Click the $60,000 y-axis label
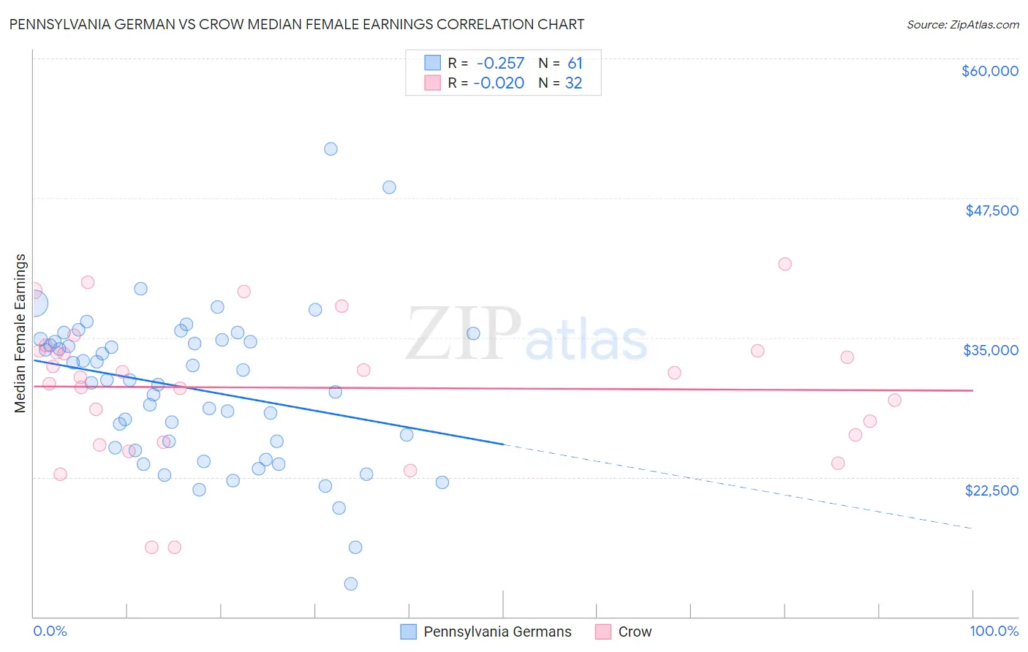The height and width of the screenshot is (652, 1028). point(989,71)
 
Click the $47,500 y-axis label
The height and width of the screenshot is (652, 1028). point(991,211)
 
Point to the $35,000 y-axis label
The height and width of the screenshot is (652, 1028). point(991,350)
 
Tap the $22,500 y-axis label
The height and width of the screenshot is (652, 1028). point(991,490)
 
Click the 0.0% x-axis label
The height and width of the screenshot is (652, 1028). point(50,631)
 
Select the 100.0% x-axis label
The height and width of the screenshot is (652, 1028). point(994,631)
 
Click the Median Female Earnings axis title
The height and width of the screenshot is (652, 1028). point(20,333)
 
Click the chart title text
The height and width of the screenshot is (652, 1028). point(297,24)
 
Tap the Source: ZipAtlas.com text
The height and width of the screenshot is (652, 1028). point(962,24)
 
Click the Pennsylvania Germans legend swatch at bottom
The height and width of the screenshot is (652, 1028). point(408,632)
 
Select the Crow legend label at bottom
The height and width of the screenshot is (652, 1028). point(635,632)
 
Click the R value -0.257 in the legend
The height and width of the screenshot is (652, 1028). point(500,64)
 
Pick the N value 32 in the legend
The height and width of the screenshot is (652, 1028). point(573,83)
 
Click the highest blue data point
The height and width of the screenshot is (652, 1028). point(330,149)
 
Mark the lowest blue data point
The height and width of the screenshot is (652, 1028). point(351,583)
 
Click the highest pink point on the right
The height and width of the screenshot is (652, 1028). point(785,264)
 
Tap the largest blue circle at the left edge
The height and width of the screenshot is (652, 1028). point(34,303)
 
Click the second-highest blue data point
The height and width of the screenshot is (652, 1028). point(389,187)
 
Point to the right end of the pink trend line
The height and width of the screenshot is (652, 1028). point(972,390)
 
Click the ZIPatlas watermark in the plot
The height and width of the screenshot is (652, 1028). point(526,335)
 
